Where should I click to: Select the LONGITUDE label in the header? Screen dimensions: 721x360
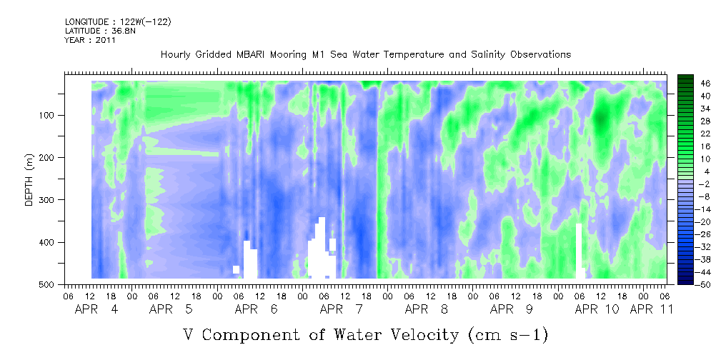point(86,21)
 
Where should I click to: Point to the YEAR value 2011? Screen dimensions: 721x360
point(106,39)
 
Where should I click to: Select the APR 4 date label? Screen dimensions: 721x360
point(96,309)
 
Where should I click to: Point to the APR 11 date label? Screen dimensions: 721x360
point(652,309)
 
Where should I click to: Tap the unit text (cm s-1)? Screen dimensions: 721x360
point(508,335)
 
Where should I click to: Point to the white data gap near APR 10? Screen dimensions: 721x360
point(580,251)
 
